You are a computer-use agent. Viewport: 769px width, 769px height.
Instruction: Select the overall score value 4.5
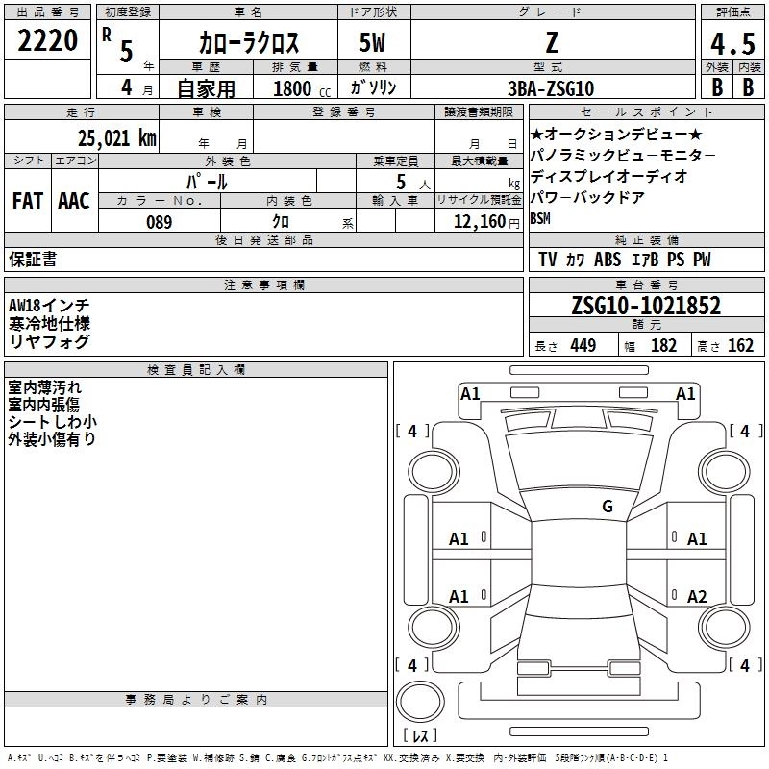(731, 44)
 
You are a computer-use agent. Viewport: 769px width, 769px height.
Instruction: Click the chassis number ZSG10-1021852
(645, 306)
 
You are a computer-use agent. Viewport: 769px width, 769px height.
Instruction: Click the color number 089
(159, 222)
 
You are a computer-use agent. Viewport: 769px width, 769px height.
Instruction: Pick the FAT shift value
(28, 201)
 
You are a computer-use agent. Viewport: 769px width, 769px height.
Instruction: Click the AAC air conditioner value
(74, 201)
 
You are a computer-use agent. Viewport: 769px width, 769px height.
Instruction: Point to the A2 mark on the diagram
(698, 596)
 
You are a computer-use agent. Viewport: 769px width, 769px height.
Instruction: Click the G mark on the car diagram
(607, 507)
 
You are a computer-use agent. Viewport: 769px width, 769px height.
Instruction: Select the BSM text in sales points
(542, 218)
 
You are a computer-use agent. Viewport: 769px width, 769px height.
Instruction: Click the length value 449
(582, 346)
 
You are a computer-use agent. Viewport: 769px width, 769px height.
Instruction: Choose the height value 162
(741, 346)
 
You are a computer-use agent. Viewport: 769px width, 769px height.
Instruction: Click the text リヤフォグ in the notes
(49, 341)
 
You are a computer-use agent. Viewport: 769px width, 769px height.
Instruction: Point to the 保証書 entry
(33, 260)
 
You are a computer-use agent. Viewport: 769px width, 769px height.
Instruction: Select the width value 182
(664, 346)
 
